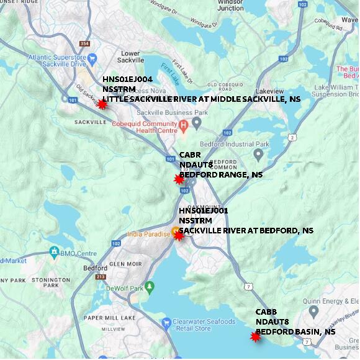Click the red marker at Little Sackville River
point(102,104)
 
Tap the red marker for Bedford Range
point(179,179)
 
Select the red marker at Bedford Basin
point(255,336)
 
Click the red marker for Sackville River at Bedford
point(179,235)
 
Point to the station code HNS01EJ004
point(127,79)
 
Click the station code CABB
point(266,312)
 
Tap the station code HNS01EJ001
point(204,210)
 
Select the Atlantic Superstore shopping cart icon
point(92,59)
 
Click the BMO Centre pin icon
point(55,253)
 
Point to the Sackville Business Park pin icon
point(196,123)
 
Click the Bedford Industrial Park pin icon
point(258,153)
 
